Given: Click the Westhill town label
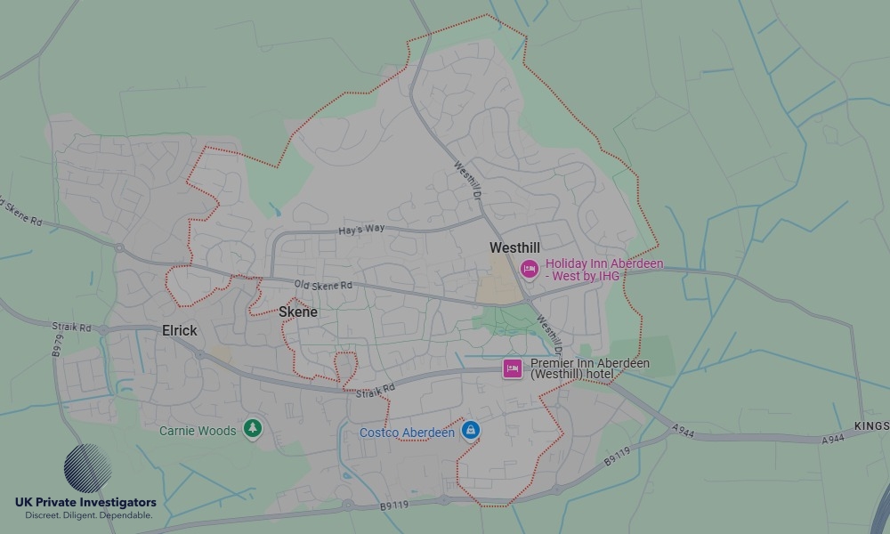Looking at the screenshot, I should click(514, 247).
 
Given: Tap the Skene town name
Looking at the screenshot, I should click(298, 312).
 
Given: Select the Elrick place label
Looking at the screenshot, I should click(179, 330).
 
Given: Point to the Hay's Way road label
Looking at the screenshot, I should click(361, 230).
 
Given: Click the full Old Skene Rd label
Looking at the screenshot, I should click(324, 285).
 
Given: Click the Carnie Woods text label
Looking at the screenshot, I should click(198, 431).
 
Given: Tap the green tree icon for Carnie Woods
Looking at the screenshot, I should click(254, 430).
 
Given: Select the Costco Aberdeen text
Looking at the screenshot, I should click(407, 433).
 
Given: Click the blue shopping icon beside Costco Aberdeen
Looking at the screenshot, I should click(471, 432).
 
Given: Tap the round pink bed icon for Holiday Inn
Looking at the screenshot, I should click(530, 268).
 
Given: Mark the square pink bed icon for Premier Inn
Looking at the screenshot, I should click(512, 368).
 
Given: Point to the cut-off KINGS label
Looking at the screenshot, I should click(871, 426).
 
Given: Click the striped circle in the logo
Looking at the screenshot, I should click(87, 468).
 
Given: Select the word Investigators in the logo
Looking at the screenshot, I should click(117, 503).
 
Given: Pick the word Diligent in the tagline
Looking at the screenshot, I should click(90, 515).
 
